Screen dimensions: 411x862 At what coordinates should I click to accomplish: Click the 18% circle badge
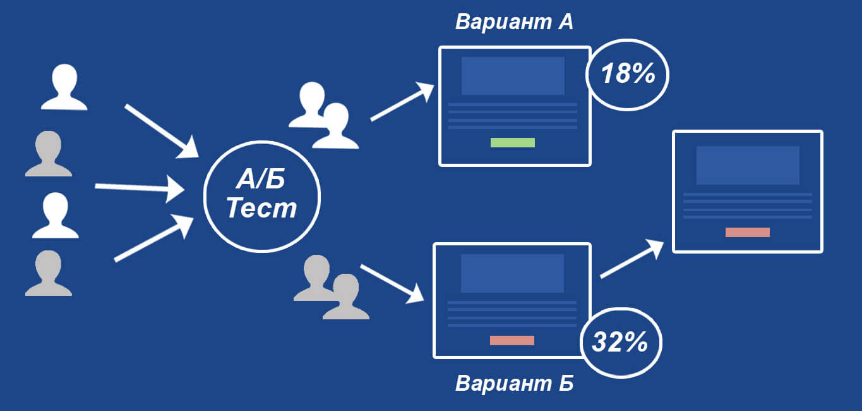[x=627, y=75]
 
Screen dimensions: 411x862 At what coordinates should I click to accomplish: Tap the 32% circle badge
[x=620, y=343]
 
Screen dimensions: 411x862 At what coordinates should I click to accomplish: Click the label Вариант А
[x=514, y=22]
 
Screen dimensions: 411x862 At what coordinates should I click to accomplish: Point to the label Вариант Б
[x=514, y=383]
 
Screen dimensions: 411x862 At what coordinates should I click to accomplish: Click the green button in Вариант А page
[x=513, y=142]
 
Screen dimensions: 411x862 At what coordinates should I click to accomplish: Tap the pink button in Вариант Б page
[x=512, y=340]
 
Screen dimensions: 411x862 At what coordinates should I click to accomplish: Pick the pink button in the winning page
[x=748, y=232]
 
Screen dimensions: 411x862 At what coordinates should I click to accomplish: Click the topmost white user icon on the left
[x=64, y=87]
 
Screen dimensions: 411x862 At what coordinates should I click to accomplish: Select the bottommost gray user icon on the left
[x=49, y=273]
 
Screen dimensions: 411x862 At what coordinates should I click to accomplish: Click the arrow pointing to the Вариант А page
[x=402, y=102]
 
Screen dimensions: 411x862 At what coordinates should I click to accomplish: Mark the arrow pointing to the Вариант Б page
[x=392, y=282]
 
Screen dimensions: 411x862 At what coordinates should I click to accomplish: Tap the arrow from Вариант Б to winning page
[x=632, y=259]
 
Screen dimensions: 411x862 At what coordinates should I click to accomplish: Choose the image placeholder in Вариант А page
[x=513, y=76]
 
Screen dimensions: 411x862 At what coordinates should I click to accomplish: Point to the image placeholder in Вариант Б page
[x=512, y=274]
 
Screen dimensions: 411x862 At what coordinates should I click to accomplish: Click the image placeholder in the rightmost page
[x=748, y=165]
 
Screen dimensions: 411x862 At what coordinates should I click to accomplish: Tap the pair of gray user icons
[x=330, y=288]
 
